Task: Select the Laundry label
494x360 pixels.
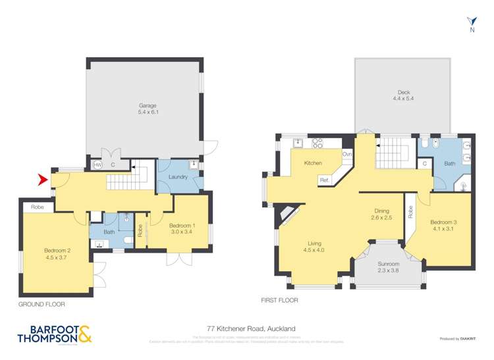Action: tap(178, 177)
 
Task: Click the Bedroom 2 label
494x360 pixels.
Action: tap(56, 254)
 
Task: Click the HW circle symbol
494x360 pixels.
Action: tap(97, 165)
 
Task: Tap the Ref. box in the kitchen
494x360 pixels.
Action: tap(324, 180)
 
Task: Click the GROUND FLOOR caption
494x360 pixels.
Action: tap(41, 305)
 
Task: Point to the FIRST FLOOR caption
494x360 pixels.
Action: tap(279, 301)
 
